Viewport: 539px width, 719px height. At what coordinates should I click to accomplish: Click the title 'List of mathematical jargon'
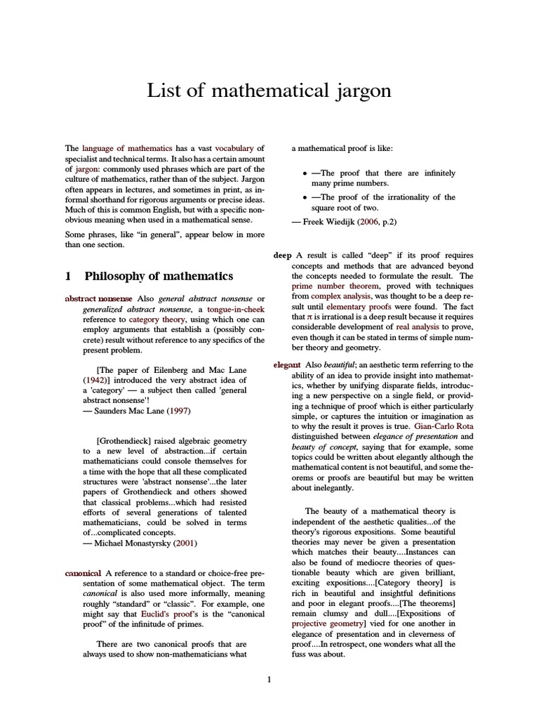pos(269,91)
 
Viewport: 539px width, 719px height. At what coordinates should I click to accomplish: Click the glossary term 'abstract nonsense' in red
pos(98,298)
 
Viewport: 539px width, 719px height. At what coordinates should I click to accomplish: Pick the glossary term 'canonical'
pos(83,572)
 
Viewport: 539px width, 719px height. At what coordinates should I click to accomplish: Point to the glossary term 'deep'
pos(282,255)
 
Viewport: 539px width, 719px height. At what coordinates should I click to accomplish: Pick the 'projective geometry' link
pos(328,623)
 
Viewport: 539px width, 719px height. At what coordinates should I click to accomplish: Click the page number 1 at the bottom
pos(269,679)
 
